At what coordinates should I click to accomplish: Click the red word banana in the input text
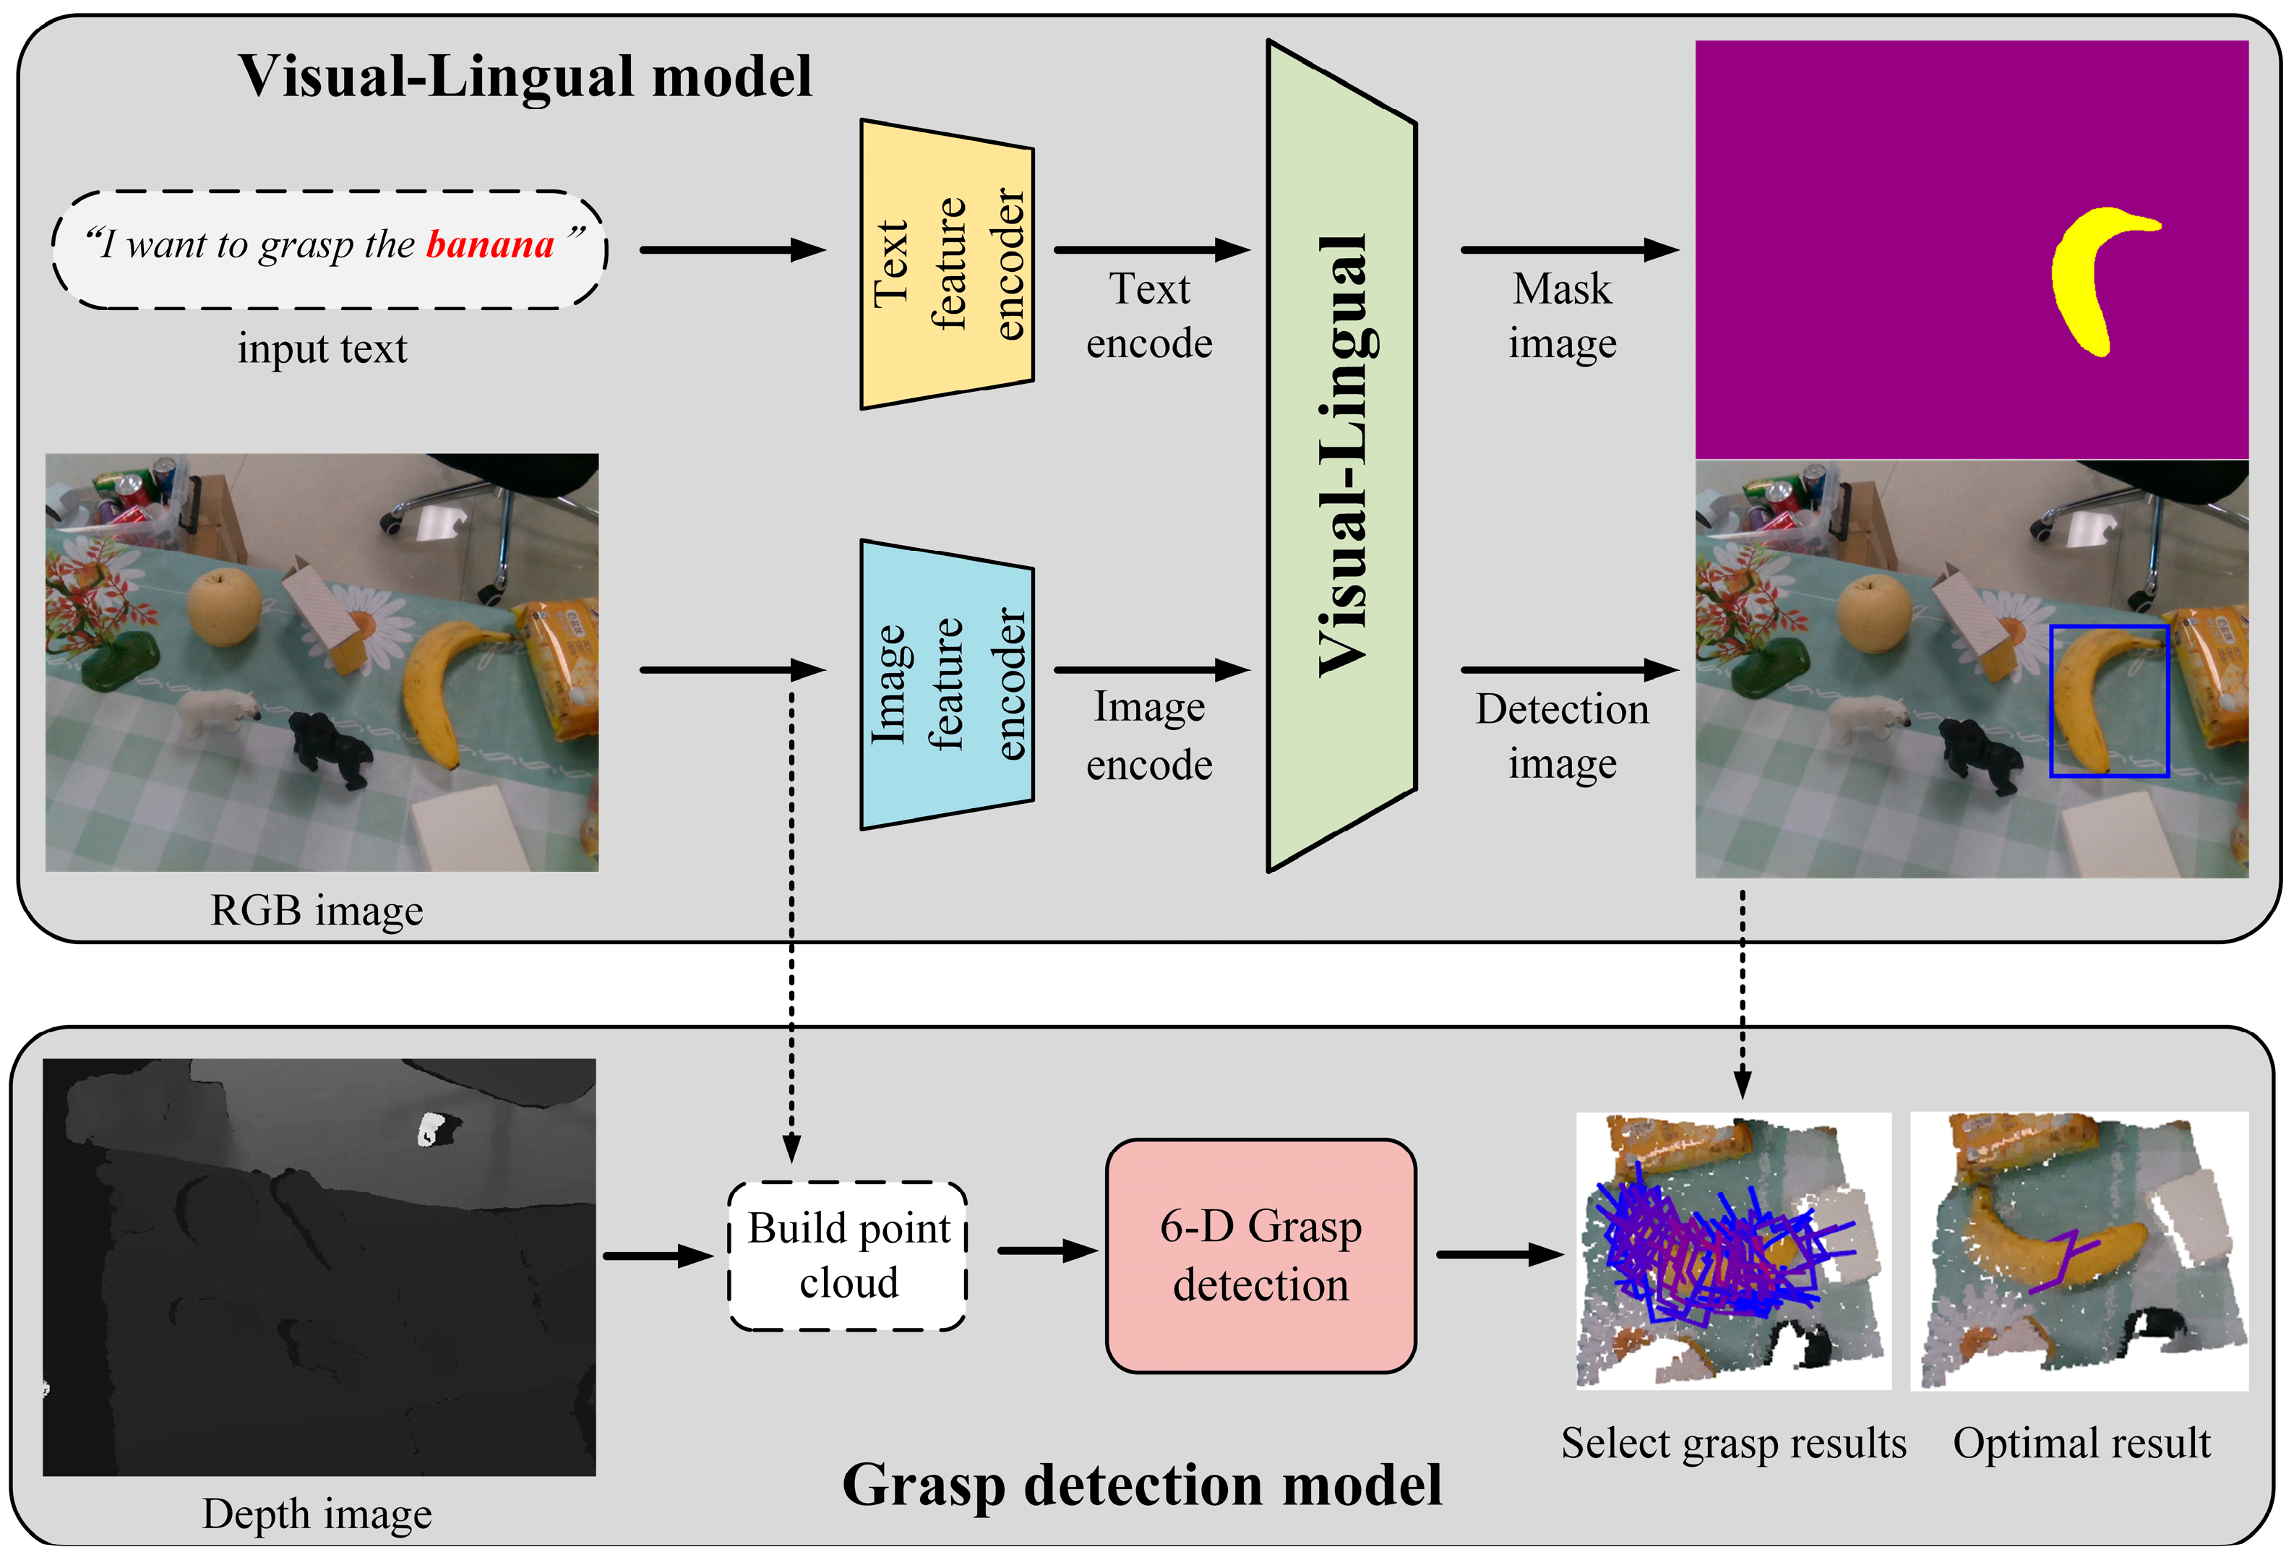click(491, 244)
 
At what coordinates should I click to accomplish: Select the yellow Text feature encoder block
click(948, 265)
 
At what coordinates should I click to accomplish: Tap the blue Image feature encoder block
click(948, 685)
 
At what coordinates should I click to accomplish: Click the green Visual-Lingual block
click(1342, 456)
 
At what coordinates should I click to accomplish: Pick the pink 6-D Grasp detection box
click(1260, 1256)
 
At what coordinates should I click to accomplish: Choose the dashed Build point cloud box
click(848, 1256)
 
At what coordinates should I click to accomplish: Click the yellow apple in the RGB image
click(224, 607)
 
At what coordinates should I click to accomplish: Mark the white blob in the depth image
click(429, 1128)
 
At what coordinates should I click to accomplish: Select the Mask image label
click(1563, 316)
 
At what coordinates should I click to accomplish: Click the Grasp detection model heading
click(1142, 1485)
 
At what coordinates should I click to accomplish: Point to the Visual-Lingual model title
click(525, 76)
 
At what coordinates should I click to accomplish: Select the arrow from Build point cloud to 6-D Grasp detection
click(1048, 1251)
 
